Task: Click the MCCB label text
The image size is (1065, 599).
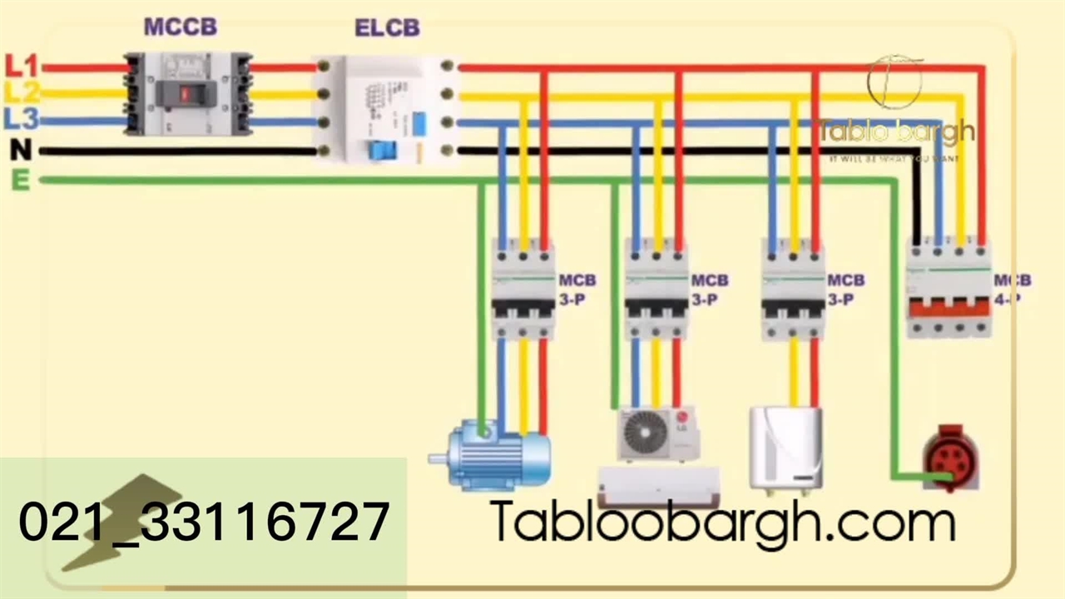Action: pyautogui.click(x=180, y=27)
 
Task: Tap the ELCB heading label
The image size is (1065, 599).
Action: pyautogui.click(x=387, y=27)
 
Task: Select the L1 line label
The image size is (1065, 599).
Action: pyautogui.click(x=21, y=65)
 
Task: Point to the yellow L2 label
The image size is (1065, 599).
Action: pyautogui.click(x=21, y=92)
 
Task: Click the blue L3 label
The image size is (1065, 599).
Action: pyautogui.click(x=21, y=119)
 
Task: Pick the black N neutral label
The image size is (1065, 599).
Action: pyautogui.click(x=21, y=151)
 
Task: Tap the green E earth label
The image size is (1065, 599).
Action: pyautogui.click(x=21, y=180)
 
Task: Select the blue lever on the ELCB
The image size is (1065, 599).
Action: pyautogui.click(x=382, y=151)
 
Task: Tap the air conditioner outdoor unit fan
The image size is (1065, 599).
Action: pyautogui.click(x=646, y=433)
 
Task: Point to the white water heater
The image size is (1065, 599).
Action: pyautogui.click(x=785, y=446)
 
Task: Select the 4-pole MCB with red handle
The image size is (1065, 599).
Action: pyautogui.click(x=949, y=290)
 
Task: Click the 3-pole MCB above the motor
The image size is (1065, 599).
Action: pyautogui.click(x=523, y=290)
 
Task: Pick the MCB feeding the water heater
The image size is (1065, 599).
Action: pyautogui.click(x=793, y=290)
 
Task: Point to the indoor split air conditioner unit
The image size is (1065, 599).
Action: pyautogui.click(x=659, y=486)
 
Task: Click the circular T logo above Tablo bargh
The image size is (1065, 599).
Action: pyautogui.click(x=894, y=82)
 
